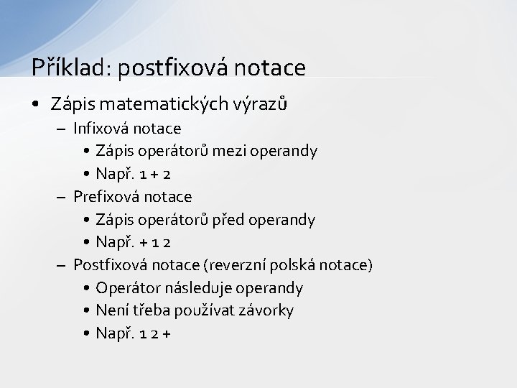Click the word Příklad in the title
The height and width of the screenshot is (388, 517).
point(67,68)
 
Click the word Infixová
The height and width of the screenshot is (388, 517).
point(103,129)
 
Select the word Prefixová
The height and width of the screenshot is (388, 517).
point(108,196)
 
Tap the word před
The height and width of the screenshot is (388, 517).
point(229,219)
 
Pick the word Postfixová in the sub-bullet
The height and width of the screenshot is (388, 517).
point(111,265)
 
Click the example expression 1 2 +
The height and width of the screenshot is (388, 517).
point(152,333)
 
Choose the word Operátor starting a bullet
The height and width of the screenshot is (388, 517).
point(129,288)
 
